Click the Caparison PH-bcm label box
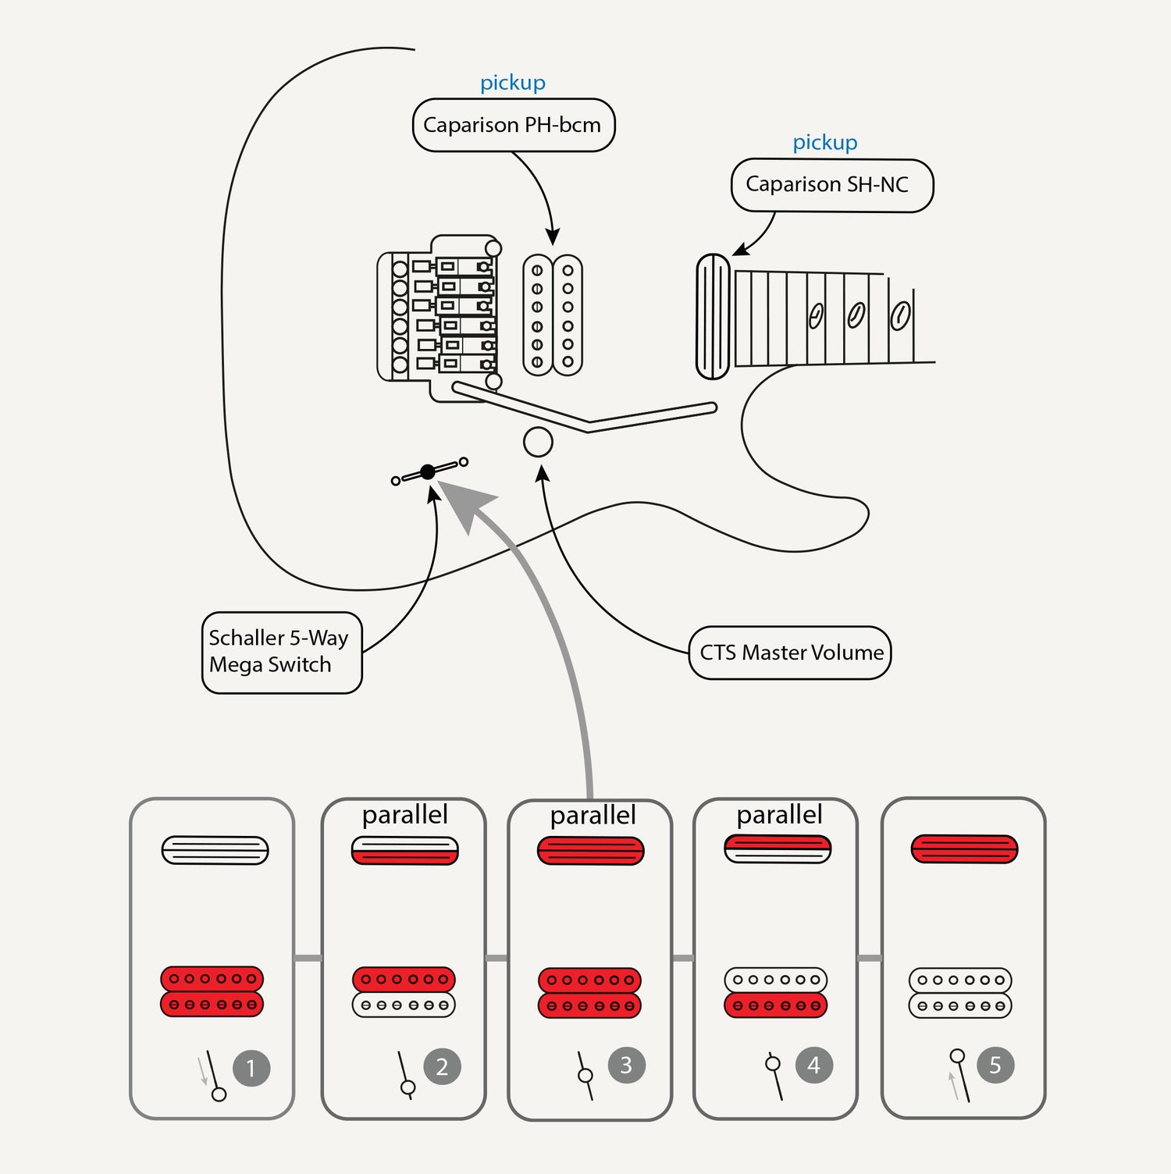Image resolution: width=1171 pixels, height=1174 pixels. (x=513, y=125)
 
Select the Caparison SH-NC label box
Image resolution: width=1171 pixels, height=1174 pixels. (x=831, y=185)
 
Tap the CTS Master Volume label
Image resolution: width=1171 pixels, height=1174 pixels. (x=790, y=653)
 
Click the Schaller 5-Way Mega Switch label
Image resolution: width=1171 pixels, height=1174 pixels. (x=281, y=653)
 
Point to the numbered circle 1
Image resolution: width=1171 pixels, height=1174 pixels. (x=251, y=1068)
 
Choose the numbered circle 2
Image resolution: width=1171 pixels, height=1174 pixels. (x=442, y=1066)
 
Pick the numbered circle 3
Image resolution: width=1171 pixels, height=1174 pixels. (x=626, y=1065)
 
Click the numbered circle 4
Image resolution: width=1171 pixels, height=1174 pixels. (x=813, y=1065)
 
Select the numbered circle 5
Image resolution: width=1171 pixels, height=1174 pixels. (x=995, y=1065)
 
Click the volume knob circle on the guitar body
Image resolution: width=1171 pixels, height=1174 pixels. (x=538, y=442)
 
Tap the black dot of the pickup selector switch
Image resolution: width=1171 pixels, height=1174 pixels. (x=428, y=471)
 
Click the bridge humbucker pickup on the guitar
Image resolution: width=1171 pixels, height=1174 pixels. (x=553, y=315)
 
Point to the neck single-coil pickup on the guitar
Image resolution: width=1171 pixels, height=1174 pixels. (x=713, y=316)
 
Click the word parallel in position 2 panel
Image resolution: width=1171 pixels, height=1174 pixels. (x=404, y=815)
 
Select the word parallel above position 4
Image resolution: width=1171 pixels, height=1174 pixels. (x=779, y=815)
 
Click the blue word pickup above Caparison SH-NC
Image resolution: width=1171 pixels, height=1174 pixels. (x=825, y=142)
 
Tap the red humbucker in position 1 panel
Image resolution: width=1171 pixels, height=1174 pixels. (x=212, y=991)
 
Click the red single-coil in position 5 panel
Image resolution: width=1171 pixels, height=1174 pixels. (x=964, y=848)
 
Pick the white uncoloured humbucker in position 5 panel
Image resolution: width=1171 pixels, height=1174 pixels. (x=960, y=993)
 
